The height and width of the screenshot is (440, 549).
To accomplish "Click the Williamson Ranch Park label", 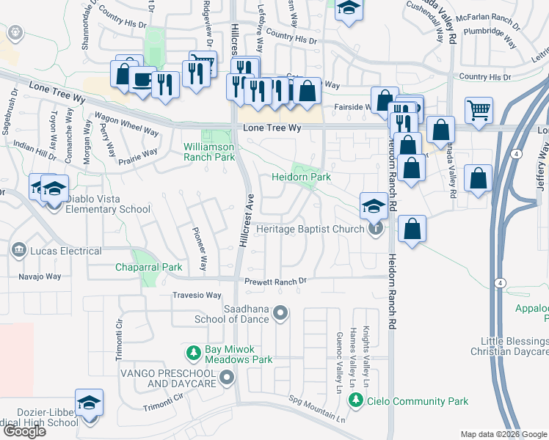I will (x=208, y=152).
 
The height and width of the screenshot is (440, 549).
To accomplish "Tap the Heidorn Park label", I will (x=301, y=177).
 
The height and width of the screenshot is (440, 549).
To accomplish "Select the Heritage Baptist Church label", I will (x=310, y=229).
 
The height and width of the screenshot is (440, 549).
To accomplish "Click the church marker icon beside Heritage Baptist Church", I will (x=376, y=229).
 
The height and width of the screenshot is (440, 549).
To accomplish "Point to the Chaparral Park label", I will (x=148, y=268).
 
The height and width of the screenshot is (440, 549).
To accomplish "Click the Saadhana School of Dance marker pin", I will (x=280, y=314).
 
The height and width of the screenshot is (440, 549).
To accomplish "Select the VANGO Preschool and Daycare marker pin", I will (x=227, y=378).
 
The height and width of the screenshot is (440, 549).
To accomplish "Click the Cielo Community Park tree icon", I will (x=356, y=400).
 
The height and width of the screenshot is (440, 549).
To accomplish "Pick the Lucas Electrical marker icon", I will (x=18, y=251).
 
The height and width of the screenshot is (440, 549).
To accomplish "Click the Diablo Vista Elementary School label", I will (x=107, y=209).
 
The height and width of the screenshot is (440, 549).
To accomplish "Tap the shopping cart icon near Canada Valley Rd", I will (x=479, y=111).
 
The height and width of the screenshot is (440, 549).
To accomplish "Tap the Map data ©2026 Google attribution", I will (x=503, y=434).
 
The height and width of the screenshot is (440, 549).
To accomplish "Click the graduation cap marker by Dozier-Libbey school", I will (x=89, y=403).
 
